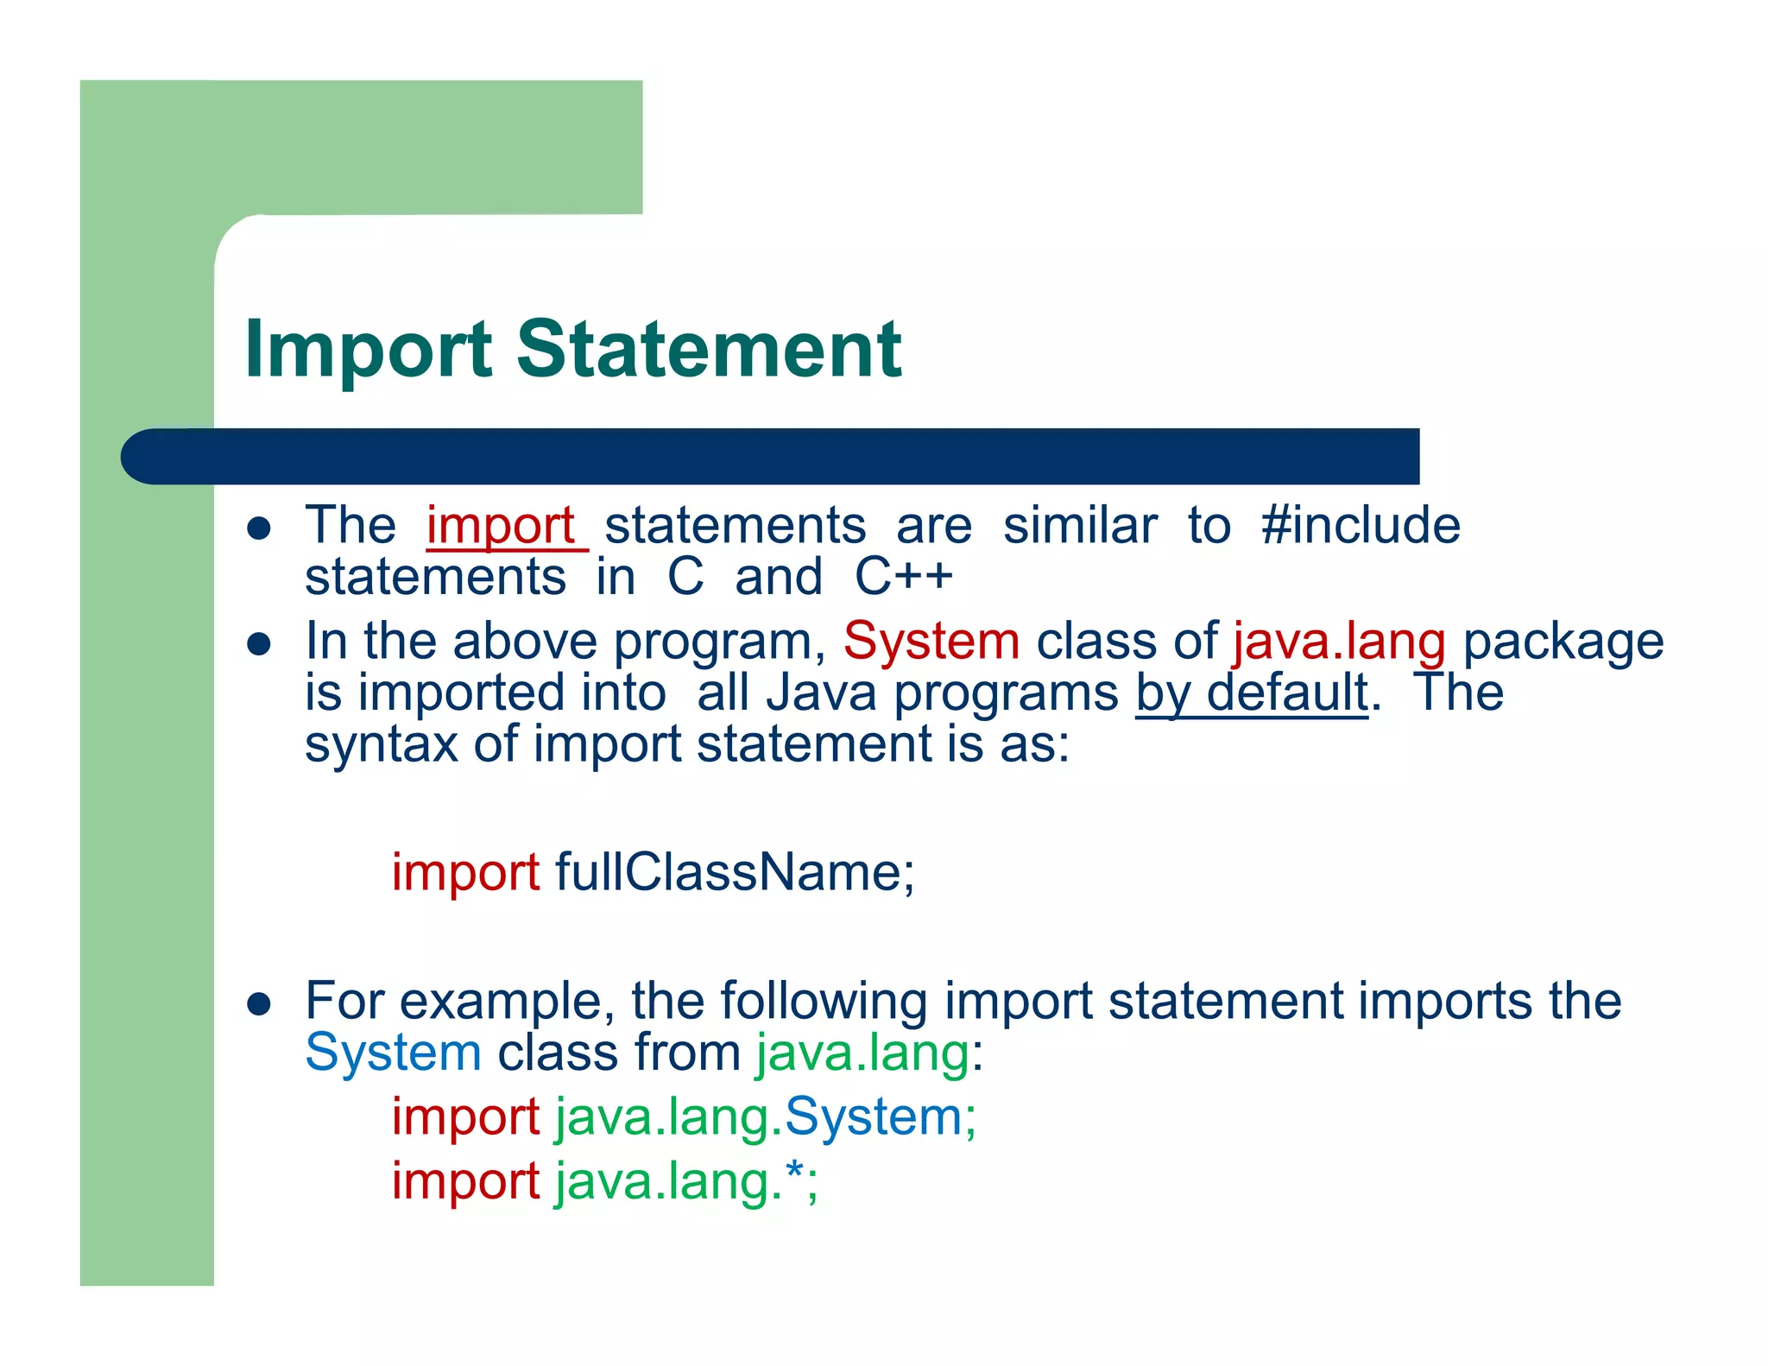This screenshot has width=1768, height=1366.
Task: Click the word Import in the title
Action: [368, 350]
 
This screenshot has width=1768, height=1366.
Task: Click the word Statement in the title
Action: [708, 350]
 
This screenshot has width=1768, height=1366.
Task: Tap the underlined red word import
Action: [502, 526]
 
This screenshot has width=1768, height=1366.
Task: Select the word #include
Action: [1361, 526]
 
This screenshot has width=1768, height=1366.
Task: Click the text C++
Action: [903, 577]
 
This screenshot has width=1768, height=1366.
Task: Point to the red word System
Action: [931, 642]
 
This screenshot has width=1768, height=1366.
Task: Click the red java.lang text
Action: [1339, 642]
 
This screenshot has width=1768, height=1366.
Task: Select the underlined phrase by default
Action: [1251, 692]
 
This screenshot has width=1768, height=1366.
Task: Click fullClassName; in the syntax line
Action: [734, 872]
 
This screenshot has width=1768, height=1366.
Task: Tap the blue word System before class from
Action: [393, 1053]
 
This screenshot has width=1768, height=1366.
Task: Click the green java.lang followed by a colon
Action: [862, 1053]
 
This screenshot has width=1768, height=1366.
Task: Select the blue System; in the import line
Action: [880, 1116]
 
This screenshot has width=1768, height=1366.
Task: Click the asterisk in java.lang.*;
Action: [795, 1174]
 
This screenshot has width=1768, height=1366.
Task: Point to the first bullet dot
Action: [259, 528]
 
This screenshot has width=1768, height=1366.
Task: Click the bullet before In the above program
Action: [259, 644]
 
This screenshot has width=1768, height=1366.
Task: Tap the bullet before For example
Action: [259, 1003]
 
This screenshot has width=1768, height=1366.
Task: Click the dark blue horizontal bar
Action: [768, 456]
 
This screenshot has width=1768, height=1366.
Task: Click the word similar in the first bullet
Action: [1079, 526]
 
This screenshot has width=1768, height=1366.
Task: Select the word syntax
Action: [381, 744]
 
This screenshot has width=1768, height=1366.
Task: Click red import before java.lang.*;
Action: [465, 1181]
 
